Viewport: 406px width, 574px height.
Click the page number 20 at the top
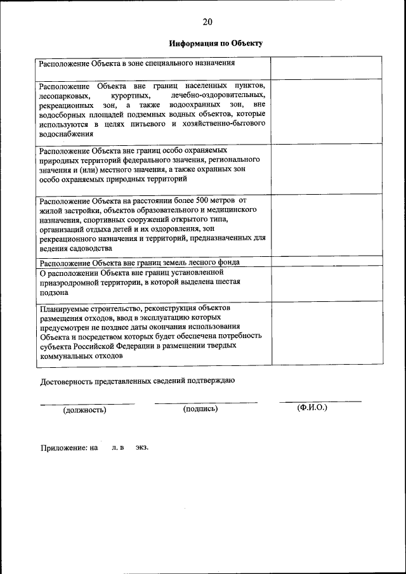207,22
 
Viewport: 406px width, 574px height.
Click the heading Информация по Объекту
216,44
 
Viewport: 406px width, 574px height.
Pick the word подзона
54,292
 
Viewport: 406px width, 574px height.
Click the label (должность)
84,410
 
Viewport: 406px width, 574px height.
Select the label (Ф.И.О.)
312,408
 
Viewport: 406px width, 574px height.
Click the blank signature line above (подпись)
206,402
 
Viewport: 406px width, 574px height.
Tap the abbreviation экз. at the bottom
141,448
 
